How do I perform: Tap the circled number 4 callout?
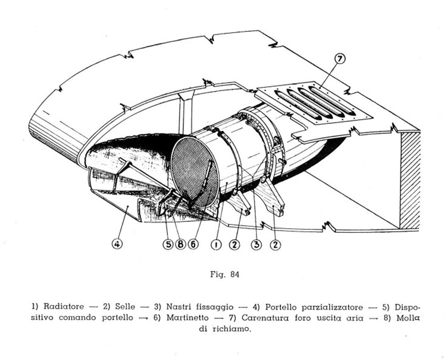tap(117, 244)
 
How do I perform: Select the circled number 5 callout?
tap(168, 244)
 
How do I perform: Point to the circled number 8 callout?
tap(180, 244)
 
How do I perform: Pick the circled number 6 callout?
tap(193, 244)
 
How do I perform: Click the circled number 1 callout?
tap(216, 244)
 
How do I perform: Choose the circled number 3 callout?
tap(257, 244)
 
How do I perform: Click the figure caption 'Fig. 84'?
tap(225, 274)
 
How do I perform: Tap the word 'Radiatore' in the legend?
tap(64, 306)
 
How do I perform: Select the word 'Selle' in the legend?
tap(125, 306)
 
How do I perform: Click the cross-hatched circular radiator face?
tap(195, 172)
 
